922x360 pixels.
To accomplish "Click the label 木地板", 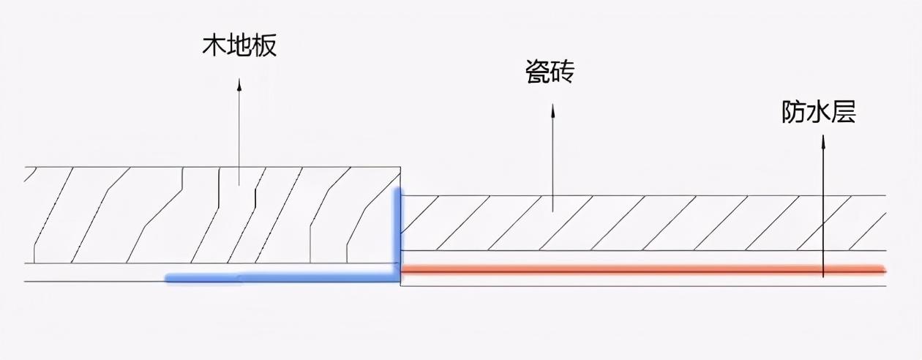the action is click(x=239, y=45).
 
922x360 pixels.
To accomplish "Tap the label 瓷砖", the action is click(x=550, y=72).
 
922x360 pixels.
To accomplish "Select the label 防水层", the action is click(x=819, y=111).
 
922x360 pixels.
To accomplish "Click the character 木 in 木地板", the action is click(x=214, y=45).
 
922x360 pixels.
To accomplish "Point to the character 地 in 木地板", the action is click(x=239, y=45).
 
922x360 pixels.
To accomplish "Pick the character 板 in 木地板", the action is click(x=264, y=45).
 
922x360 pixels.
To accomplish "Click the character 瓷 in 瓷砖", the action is click(x=538, y=72).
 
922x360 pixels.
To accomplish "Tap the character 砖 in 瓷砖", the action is click(x=562, y=72).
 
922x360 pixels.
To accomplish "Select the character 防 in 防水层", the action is click(x=793, y=111).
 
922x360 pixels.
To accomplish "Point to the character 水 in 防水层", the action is click(x=819, y=111).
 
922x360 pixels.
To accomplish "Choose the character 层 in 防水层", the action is click(x=844, y=111).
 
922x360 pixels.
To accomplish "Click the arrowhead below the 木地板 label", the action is click(x=239, y=84).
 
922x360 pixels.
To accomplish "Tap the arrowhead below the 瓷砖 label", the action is click(x=552, y=110).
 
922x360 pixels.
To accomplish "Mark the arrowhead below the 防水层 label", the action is click(x=823, y=141).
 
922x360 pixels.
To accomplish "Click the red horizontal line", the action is click(x=643, y=270).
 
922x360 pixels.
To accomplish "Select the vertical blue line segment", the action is click(x=397, y=233).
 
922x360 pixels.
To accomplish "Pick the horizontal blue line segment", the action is click(x=282, y=279).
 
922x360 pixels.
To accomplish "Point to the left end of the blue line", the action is click(x=166, y=279).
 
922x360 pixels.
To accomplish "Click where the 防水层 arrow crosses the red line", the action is click(x=823, y=270).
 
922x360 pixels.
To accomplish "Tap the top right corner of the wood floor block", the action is click(x=400, y=167).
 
